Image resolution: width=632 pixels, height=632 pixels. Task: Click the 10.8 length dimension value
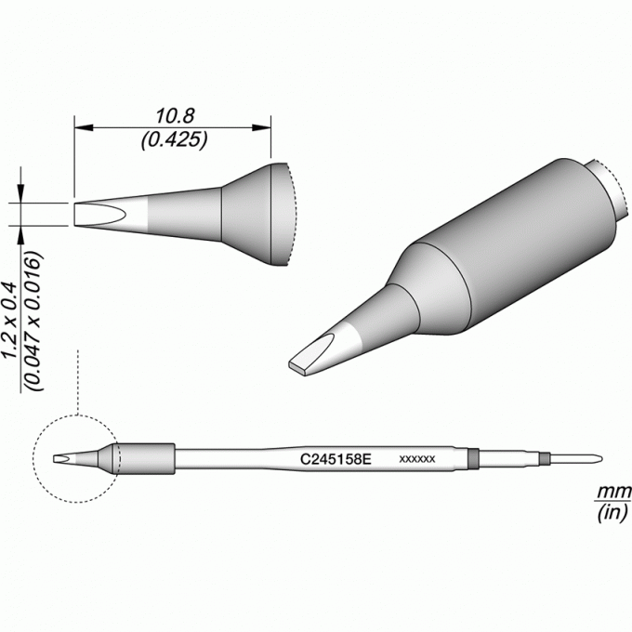tap(175, 115)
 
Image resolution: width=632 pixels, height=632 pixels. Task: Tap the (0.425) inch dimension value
tap(174, 140)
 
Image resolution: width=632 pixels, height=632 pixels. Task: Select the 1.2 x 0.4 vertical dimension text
tap(9, 321)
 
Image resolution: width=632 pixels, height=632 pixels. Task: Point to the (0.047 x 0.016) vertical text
tap(33, 321)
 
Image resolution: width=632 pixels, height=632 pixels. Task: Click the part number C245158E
tap(336, 459)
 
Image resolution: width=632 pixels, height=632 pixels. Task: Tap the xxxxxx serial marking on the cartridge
tap(416, 459)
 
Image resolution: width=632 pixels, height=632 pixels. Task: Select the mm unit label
tap(613, 493)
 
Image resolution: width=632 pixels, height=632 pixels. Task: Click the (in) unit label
tap(612, 513)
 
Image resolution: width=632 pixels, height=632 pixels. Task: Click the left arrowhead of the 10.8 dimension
tap(84, 127)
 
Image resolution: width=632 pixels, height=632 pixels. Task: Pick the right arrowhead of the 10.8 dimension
tap(261, 127)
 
